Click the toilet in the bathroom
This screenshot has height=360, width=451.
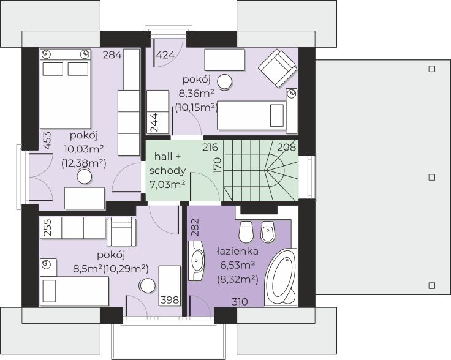click(246, 231)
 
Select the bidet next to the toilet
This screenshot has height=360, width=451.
click(268, 232)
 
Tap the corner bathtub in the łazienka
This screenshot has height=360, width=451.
click(281, 277)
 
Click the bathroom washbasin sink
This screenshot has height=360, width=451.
click(197, 261)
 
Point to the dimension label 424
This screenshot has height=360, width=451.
click(165, 54)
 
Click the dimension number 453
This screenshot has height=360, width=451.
click(48, 140)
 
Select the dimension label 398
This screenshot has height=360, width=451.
click(170, 300)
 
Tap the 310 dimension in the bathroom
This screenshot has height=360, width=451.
click(240, 302)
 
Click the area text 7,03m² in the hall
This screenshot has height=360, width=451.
click(167, 184)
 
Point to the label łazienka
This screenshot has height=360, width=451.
click(237, 252)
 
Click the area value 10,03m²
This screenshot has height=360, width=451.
click(84, 149)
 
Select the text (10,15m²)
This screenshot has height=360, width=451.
click(197, 108)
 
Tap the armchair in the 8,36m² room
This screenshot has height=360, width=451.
click(278, 68)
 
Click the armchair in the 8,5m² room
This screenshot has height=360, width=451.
click(121, 231)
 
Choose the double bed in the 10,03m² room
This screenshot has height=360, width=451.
click(66, 89)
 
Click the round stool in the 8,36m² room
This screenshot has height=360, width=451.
click(225, 82)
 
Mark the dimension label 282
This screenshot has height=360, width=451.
click(195, 228)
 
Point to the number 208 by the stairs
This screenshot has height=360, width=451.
click(287, 147)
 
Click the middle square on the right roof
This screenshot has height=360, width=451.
click(432, 178)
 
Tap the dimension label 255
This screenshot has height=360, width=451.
click(48, 228)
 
